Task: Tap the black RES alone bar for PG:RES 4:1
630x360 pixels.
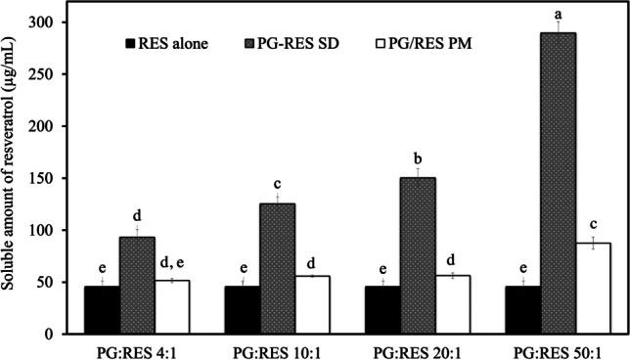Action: point(102,310)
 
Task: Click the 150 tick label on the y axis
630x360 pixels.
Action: point(44,178)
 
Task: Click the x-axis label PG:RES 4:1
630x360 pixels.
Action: point(137,350)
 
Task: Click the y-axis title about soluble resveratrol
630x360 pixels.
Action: point(12,176)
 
